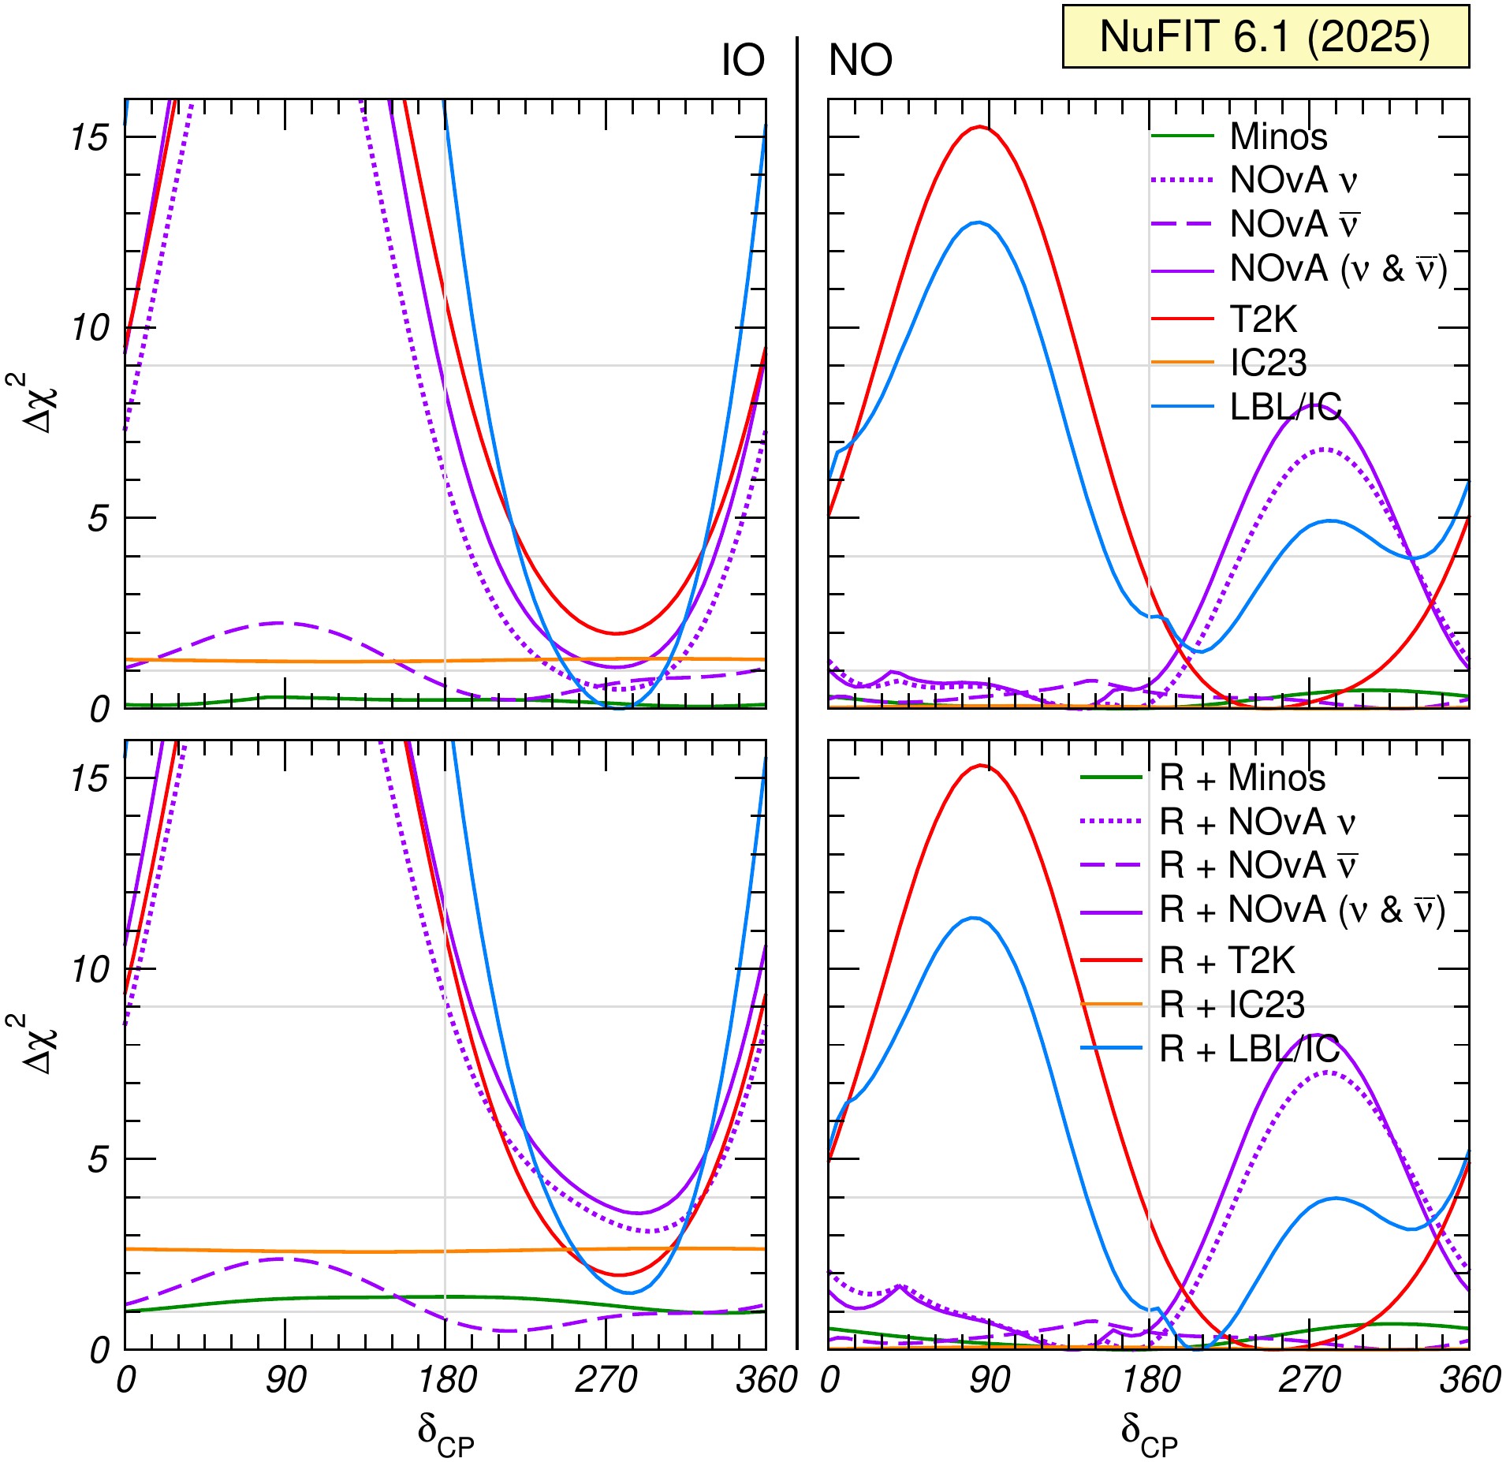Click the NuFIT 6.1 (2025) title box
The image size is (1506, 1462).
pyautogui.click(x=1265, y=37)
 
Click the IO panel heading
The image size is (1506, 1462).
pyautogui.click(x=743, y=61)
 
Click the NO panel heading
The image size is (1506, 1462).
pyautogui.click(x=860, y=61)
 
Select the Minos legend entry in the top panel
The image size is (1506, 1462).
pyautogui.click(x=1278, y=136)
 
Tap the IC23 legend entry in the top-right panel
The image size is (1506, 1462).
pyautogui.click(x=1268, y=363)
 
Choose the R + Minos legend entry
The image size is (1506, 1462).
pyautogui.click(x=1242, y=778)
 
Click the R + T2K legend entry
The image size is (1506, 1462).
pyautogui.click(x=1227, y=960)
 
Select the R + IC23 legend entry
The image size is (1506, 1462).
pyautogui.click(x=1232, y=1005)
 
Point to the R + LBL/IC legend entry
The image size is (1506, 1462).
pyautogui.click(x=1249, y=1049)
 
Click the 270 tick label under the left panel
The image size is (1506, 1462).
pyautogui.click(x=606, y=1380)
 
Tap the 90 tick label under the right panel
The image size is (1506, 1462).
pyautogui.click(x=989, y=1380)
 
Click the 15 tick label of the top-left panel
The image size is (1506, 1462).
pyautogui.click(x=89, y=138)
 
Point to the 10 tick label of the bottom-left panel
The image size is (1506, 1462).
pyautogui.click(x=89, y=969)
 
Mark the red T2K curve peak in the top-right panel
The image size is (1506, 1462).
pyautogui.click(x=980, y=127)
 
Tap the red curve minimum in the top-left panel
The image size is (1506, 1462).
pyautogui.click(x=617, y=632)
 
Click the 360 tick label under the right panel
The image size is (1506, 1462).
pyautogui.click(x=1470, y=1380)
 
